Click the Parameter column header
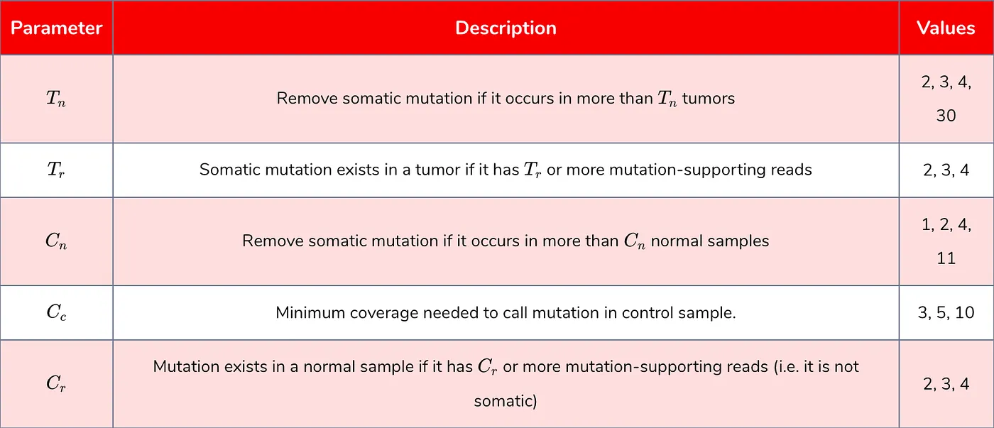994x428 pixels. point(57,28)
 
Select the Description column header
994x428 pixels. point(506,28)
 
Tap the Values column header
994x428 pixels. point(946,28)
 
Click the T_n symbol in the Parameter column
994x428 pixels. point(57,99)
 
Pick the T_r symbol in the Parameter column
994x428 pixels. point(57,170)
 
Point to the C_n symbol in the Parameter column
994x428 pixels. point(57,241)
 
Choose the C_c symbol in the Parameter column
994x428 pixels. point(57,313)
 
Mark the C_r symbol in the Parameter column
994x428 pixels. point(57,384)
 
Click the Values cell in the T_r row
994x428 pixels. point(946,170)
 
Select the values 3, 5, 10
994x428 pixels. point(946,313)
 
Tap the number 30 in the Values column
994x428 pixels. point(946,115)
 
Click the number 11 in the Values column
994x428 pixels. point(946,258)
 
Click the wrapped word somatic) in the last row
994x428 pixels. point(506,402)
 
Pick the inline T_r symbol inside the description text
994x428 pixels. point(530,170)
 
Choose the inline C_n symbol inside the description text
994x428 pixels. point(635,241)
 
